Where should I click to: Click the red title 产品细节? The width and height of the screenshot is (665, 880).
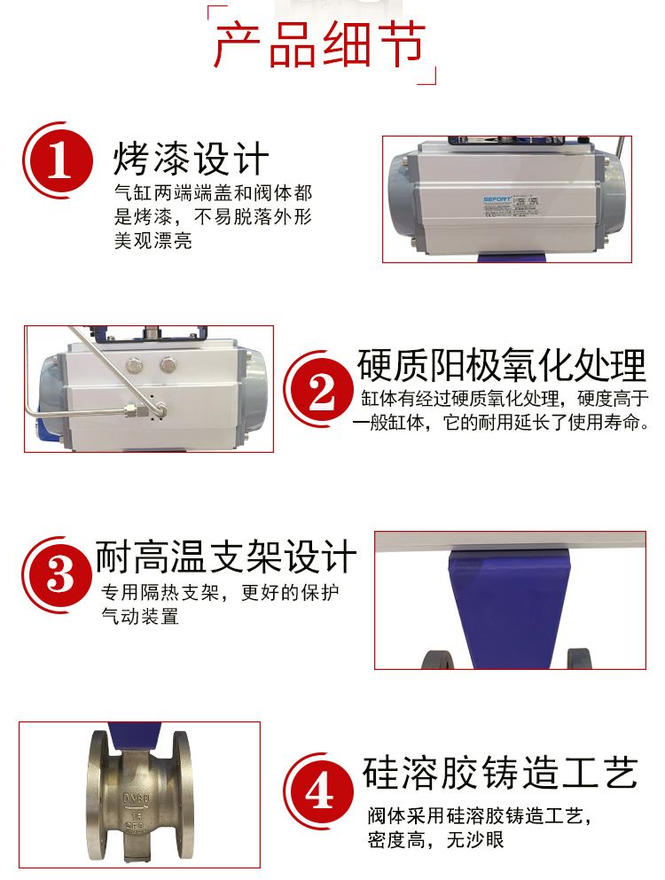click(320, 46)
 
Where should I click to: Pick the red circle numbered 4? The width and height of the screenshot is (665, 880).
click(320, 788)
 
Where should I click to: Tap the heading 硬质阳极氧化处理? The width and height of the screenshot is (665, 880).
click(502, 364)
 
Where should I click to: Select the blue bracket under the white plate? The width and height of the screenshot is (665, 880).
click(509, 603)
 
